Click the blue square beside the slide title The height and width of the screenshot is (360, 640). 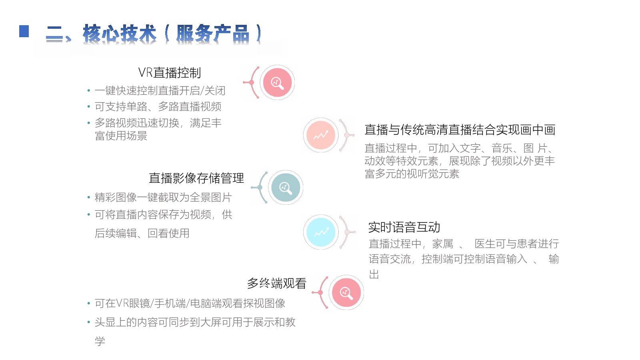click(x=24, y=31)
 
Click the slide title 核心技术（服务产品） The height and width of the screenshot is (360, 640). click(x=154, y=34)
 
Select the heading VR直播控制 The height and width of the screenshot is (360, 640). click(x=170, y=72)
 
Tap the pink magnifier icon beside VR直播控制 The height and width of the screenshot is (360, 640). click(x=277, y=82)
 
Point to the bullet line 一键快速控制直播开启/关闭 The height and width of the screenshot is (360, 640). click(x=160, y=90)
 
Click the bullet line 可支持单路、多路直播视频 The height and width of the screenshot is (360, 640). click(x=158, y=106)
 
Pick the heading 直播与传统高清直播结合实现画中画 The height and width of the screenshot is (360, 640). click(x=460, y=130)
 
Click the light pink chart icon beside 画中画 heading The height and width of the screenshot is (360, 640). click(x=320, y=135)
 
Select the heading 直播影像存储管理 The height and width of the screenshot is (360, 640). click(x=196, y=178)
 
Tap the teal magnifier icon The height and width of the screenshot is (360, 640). click(x=286, y=188)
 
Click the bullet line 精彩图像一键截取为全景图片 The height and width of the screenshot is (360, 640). click(x=163, y=197)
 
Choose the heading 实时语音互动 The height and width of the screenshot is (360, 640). click(x=404, y=227)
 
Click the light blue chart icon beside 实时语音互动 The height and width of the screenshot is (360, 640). click(x=320, y=232)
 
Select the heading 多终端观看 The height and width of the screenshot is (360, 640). click(x=276, y=284)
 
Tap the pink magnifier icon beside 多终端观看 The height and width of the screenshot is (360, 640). click(x=346, y=292)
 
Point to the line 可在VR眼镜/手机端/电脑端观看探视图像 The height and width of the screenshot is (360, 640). click(x=190, y=303)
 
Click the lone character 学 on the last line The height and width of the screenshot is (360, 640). click(x=100, y=341)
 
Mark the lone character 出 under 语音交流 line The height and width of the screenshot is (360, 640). click(x=374, y=274)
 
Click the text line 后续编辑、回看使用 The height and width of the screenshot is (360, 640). click(x=142, y=233)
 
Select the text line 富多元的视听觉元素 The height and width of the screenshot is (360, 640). click(x=412, y=174)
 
